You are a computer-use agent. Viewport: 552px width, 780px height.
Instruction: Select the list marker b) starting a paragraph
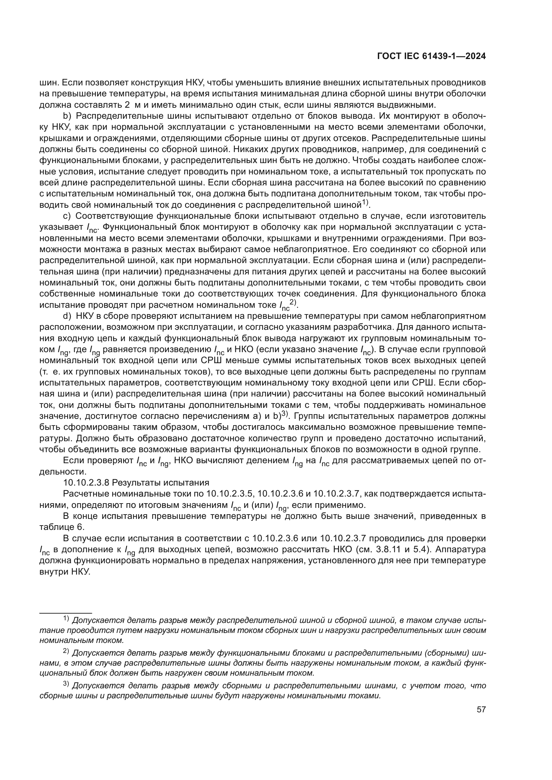(x=67, y=116)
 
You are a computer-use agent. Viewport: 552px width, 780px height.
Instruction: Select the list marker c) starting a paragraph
(x=67, y=216)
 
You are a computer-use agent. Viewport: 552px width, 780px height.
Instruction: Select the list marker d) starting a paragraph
(x=67, y=316)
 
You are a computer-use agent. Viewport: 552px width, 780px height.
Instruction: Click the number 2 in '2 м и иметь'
(x=127, y=105)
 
